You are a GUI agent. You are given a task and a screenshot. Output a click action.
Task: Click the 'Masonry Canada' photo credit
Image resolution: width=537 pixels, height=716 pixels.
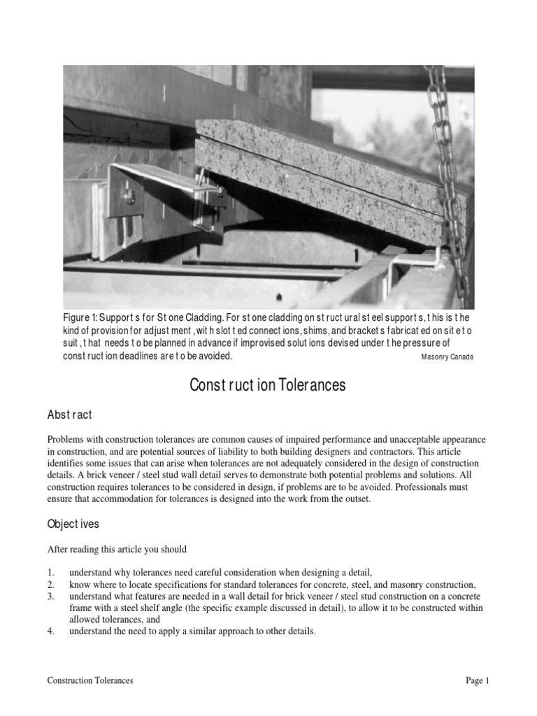point(447,357)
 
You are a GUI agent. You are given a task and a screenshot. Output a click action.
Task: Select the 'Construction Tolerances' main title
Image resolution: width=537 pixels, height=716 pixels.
point(268,385)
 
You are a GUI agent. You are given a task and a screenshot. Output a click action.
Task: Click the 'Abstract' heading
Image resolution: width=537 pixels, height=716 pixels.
point(69,415)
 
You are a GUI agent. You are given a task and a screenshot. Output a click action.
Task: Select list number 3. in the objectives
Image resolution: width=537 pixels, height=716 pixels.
point(51,595)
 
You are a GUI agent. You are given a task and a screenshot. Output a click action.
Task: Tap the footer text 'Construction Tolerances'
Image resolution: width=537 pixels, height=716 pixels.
point(90,680)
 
